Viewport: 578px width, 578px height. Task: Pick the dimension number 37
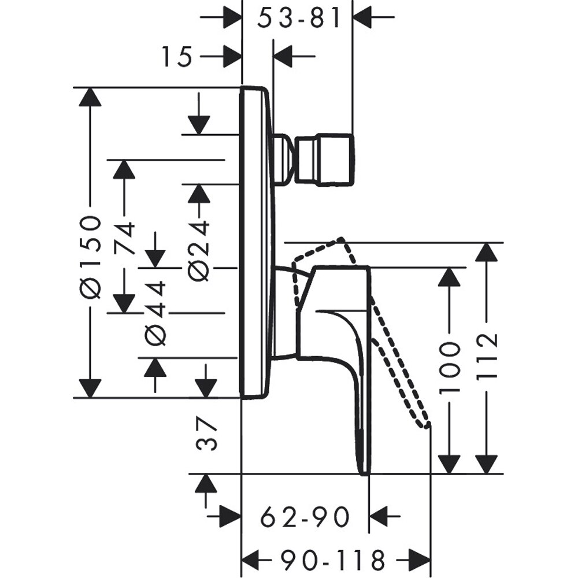[207, 435]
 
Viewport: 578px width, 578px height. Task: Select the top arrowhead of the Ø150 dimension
[90, 97]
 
